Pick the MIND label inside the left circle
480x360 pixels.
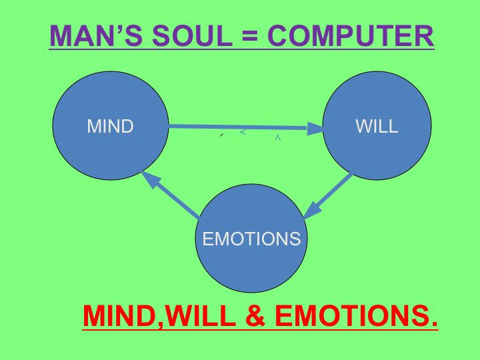pos(111,127)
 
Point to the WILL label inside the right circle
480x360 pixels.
pos(377,127)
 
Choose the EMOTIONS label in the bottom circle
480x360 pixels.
pos(252,239)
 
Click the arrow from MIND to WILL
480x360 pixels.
pos(240,127)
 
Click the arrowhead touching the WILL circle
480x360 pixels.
pos(315,129)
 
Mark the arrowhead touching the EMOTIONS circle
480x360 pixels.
pos(311,211)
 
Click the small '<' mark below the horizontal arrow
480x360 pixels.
pos(243,132)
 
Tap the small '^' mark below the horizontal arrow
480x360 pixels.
pos(277,138)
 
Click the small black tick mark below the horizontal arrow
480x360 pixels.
pos(221,135)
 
